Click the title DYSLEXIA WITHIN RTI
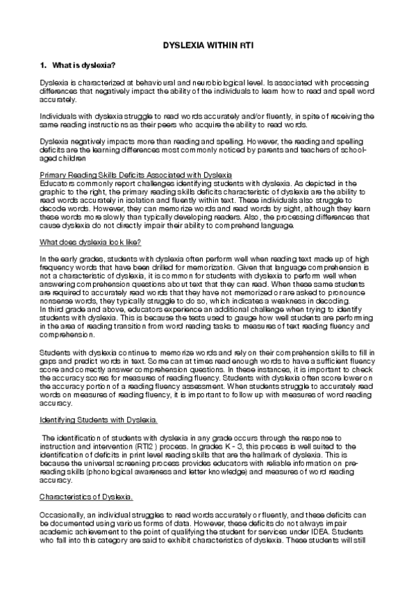click(x=208, y=43)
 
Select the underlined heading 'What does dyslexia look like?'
click(x=90, y=242)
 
